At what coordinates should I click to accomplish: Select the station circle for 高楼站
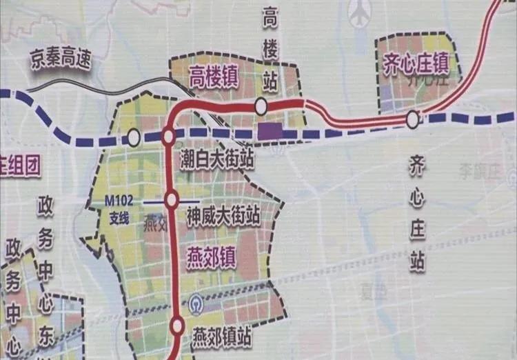coord(261,106)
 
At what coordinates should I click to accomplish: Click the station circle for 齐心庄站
coord(412,120)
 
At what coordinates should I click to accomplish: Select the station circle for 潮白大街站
coord(168,137)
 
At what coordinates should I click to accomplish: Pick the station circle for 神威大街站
coord(172,200)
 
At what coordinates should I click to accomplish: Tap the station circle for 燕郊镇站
coord(177,326)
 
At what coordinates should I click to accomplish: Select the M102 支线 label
coord(118,206)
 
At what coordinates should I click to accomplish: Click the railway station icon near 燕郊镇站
coord(195,303)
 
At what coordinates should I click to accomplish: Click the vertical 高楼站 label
coord(270,51)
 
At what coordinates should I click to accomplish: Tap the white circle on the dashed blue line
coord(133,139)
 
